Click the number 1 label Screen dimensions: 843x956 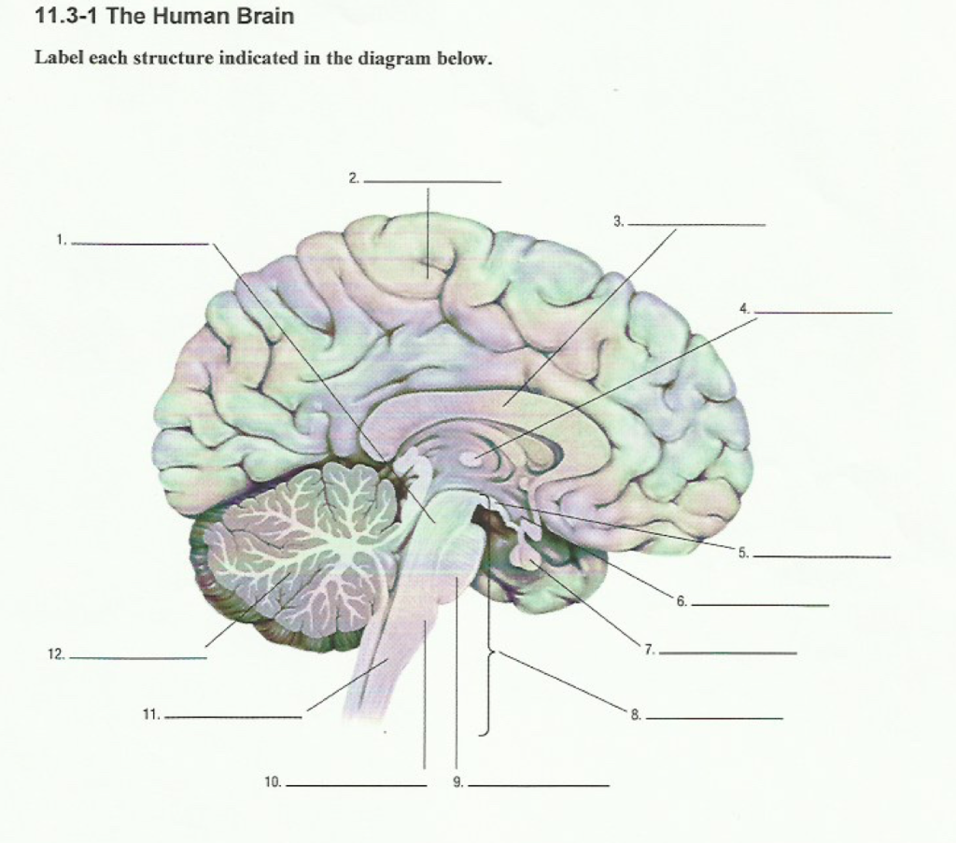[x=61, y=240]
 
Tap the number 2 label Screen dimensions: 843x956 [x=354, y=176]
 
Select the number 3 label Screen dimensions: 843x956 [x=618, y=221]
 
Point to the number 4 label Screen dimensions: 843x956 [x=744, y=308]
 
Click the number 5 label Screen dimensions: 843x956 [x=743, y=554]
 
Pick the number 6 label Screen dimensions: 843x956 [x=682, y=602]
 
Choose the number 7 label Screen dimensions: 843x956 [x=650, y=650]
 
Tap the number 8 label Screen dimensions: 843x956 [x=636, y=716]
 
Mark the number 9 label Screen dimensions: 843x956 [x=457, y=782]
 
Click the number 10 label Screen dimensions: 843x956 [x=273, y=782]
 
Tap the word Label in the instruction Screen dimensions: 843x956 [x=55, y=58]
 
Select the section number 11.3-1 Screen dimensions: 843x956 [x=66, y=17]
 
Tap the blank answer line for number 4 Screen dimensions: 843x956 [x=822, y=313]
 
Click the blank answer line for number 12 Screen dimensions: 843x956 [x=137, y=658]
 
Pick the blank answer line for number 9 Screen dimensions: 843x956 [x=538, y=786]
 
